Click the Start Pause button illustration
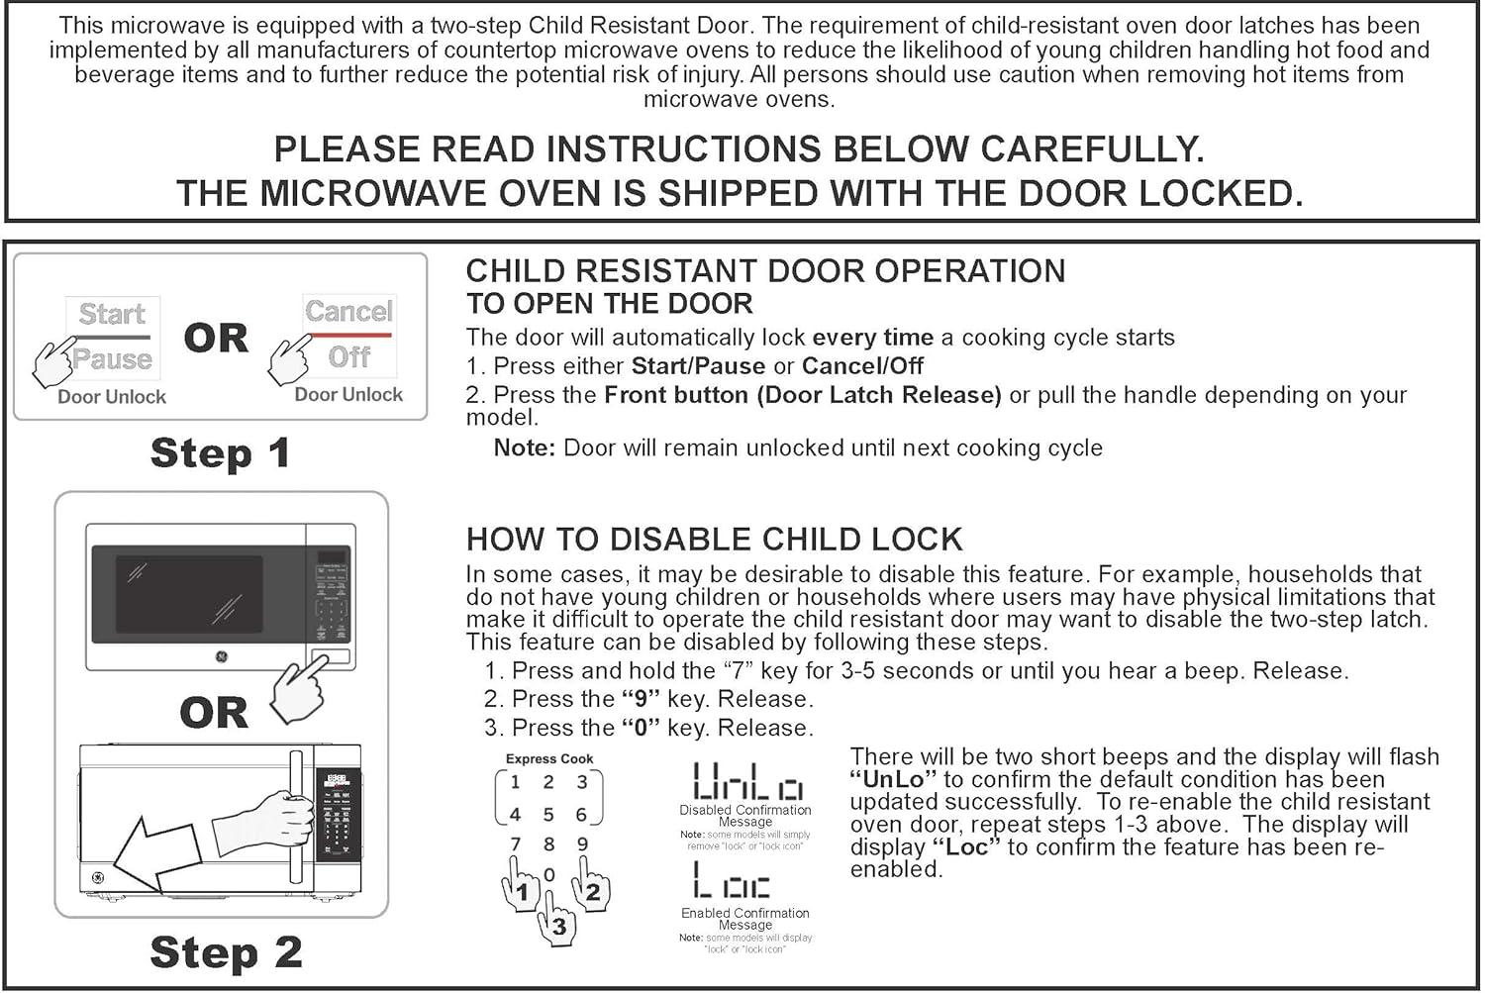(x=112, y=337)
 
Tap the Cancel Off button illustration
(x=348, y=335)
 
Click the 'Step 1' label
(x=220, y=453)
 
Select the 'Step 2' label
(x=226, y=952)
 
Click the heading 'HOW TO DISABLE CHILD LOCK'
(x=714, y=540)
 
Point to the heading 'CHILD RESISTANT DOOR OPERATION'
(x=765, y=271)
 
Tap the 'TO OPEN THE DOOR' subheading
(x=609, y=304)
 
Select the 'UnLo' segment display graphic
(x=747, y=781)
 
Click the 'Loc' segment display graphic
(x=732, y=880)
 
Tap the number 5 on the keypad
(x=547, y=815)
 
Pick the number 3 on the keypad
(x=582, y=782)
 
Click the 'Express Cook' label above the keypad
(x=549, y=759)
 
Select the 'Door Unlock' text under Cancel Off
(x=348, y=394)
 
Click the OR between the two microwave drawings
(x=214, y=713)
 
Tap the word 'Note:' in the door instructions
(x=524, y=448)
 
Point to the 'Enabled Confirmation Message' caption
(x=744, y=919)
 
